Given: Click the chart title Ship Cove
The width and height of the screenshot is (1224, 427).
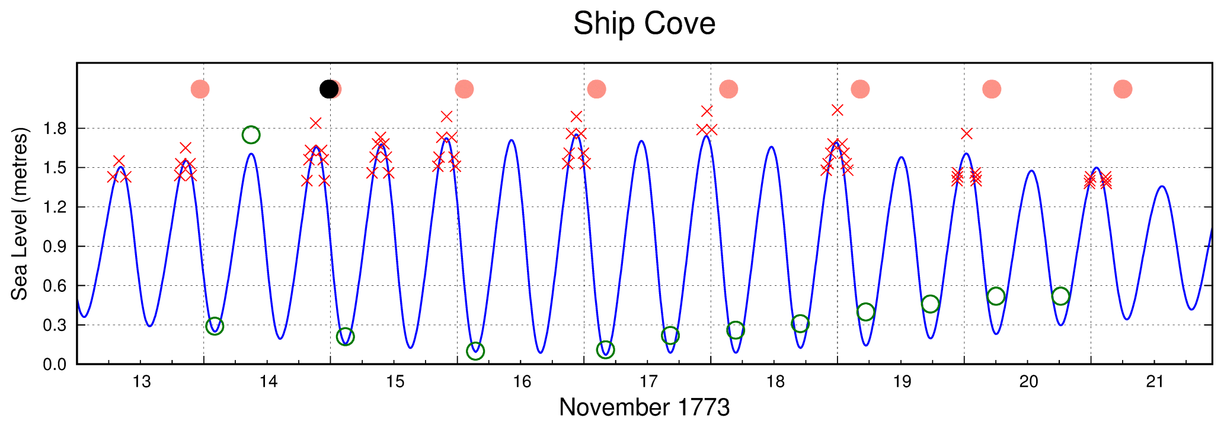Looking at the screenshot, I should click(644, 24).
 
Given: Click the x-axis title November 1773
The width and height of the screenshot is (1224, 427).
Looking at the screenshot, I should click(644, 407).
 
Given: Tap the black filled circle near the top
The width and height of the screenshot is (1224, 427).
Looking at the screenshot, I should click(328, 89).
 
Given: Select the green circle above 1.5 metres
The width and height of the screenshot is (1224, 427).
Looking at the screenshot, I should click(251, 135).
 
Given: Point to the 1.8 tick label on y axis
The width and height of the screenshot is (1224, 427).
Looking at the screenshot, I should click(55, 129).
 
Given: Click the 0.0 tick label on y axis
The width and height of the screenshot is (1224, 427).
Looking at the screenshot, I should click(55, 364).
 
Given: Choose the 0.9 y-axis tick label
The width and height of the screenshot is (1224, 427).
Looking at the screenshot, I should click(55, 246).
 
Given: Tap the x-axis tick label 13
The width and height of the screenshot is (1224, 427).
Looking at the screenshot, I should click(142, 381).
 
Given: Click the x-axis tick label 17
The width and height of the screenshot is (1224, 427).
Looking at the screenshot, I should click(648, 381).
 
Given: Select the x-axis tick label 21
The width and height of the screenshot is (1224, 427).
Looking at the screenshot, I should click(1155, 381).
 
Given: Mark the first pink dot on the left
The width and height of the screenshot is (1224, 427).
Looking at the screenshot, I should click(200, 89).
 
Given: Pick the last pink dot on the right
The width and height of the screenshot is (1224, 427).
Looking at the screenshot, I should click(1123, 89).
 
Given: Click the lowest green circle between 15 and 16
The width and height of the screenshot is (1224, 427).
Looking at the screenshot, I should click(475, 351).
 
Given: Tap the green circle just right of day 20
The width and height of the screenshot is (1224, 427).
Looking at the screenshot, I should click(1060, 296).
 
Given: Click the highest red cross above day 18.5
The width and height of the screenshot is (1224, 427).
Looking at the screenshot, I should click(837, 110).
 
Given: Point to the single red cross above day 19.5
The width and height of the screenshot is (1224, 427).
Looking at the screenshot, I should click(967, 133).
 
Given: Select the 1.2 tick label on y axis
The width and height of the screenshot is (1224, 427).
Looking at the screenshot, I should click(55, 207).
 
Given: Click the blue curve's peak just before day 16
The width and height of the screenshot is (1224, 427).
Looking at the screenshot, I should click(511, 141).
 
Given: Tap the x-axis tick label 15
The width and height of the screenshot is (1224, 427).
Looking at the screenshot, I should click(395, 381).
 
